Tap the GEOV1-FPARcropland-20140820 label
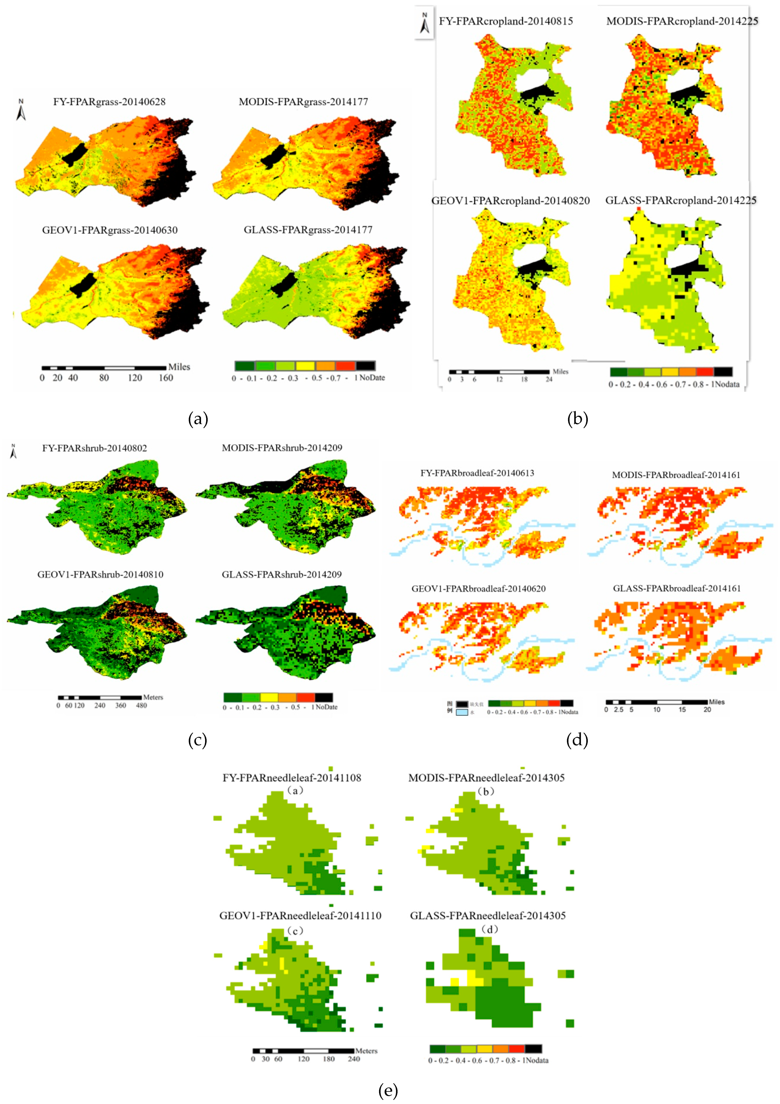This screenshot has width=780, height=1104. click(510, 201)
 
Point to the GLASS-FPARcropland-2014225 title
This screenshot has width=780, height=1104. click(680, 201)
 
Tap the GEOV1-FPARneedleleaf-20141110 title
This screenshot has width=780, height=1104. click(300, 915)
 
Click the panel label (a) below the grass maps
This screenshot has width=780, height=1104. click(198, 419)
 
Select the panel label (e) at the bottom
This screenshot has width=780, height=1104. click(388, 1091)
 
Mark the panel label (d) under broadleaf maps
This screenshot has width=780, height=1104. click(577, 740)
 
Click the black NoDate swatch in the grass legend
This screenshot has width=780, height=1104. click(366, 366)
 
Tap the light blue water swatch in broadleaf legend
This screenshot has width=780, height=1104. click(462, 712)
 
